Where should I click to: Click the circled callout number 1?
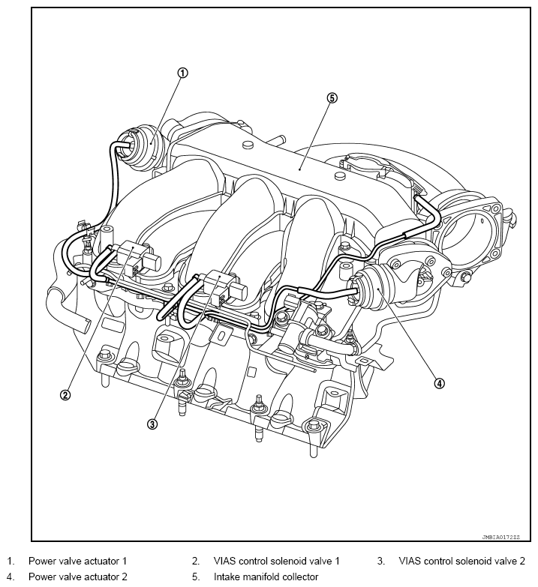tap(182, 73)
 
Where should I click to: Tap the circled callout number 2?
tap(65, 394)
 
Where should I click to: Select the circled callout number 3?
tap(152, 424)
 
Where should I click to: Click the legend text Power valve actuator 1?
tap(77, 561)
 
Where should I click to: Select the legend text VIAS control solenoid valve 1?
tap(276, 561)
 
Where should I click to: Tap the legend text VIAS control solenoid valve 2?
tap(461, 561)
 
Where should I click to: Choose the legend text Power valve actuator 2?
tap(77, 577)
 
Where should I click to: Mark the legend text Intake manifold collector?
tap(266, 577)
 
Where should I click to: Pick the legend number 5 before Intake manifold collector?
tap(196, 577)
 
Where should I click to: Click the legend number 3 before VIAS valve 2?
tap(381, 561)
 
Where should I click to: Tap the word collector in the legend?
tap(299, 577)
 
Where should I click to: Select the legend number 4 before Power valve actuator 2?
tap(11, 577)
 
